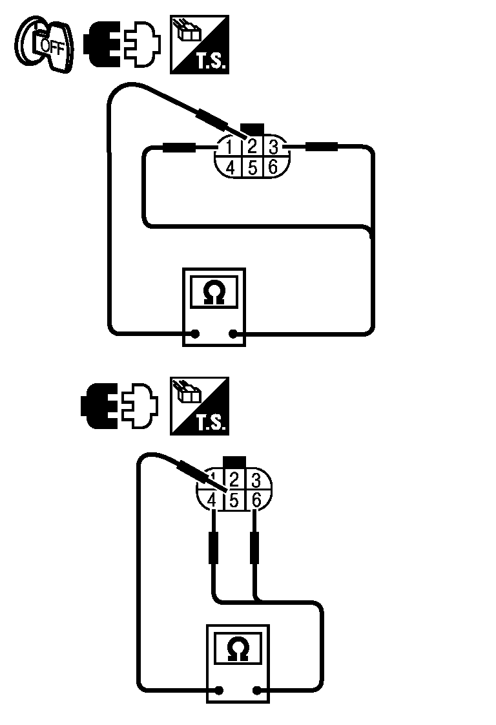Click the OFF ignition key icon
(44, 45)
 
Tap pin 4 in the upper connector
(230, 167)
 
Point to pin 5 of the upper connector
(253, 167)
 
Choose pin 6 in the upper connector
(273, 167)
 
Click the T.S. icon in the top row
(199, 44)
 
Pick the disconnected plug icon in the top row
(121, 45)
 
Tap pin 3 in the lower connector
(255, 480)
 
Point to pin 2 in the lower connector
(234, 480)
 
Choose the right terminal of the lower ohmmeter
(257, 690)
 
